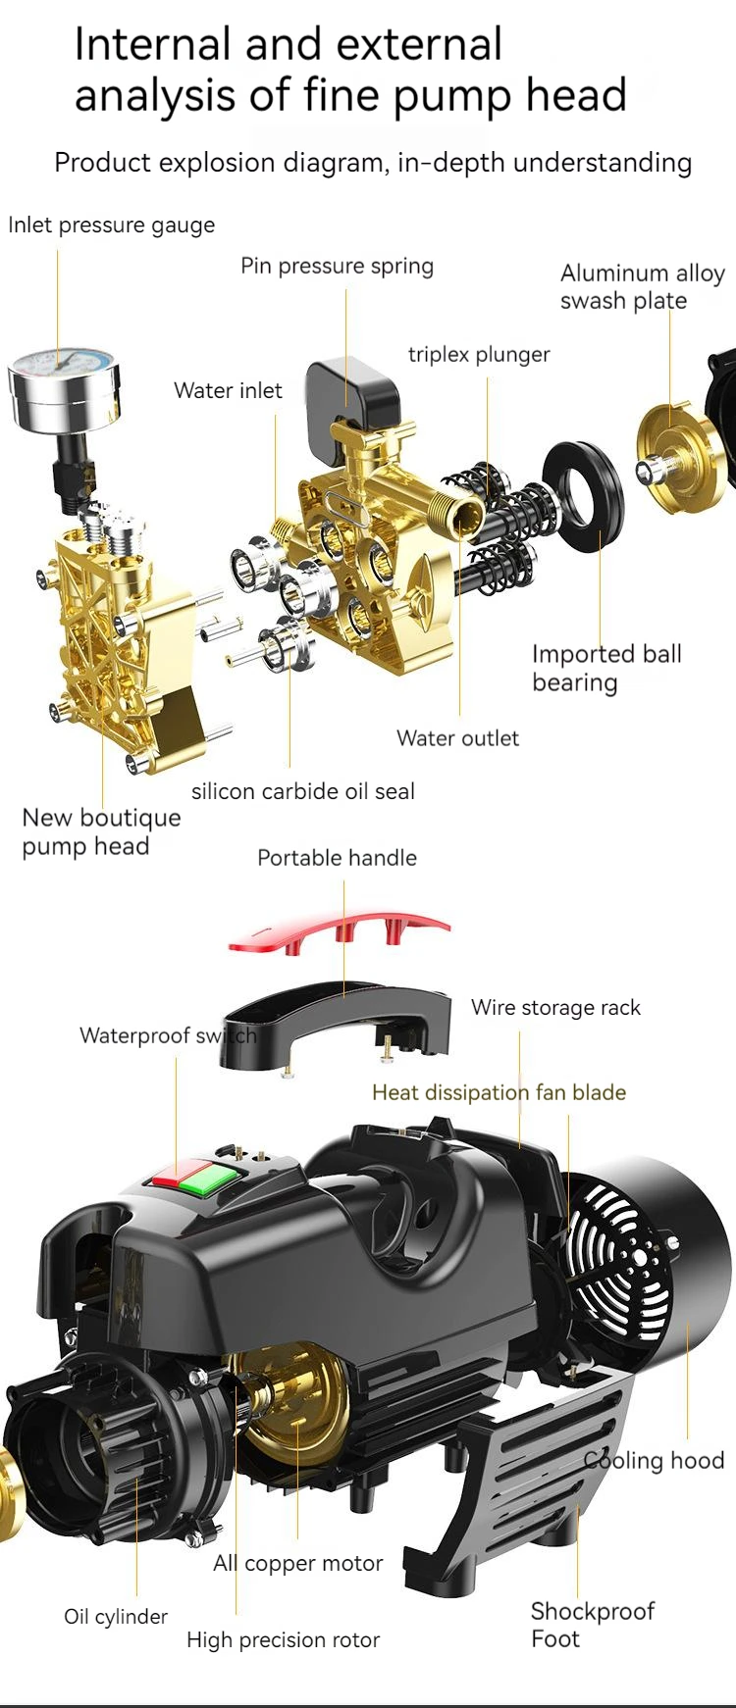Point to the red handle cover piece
(339, 932)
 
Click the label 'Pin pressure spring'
(337, 266)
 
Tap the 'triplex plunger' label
(479, 354)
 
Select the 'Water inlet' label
(228, 390)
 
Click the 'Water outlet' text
(457, 738)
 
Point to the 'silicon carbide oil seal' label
(303, 791)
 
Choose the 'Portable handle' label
(337, 858)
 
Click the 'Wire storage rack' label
(555, 1008)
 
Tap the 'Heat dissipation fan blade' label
(499, 1092)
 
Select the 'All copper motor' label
(298, 1563)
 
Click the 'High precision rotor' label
(283, 1639)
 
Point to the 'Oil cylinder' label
(116, 1617)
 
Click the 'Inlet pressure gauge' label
(111, 225)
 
